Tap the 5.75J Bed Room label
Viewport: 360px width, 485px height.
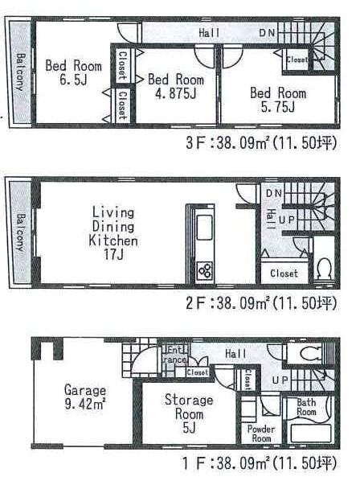[x=278, y=100]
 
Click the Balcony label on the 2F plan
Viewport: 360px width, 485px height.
[x=19, y=233]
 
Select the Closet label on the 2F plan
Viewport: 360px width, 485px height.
[x=284, y=273]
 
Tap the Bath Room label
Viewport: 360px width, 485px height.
[x=307, y=406]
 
